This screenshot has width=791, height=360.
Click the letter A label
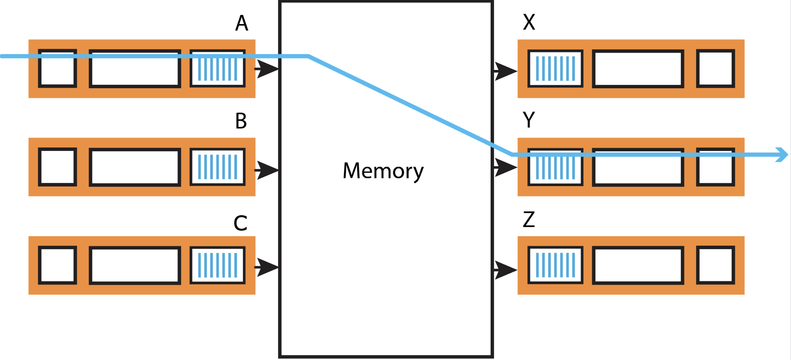click(x=242, y=23)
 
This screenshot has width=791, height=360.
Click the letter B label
click(x=241, y=121)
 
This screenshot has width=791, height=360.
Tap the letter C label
click(x=240, y=223)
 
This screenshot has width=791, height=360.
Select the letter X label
click(x=529, y=22)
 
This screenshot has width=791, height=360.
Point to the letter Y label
click(x=529, y=120)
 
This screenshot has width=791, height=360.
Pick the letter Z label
click(x=529, y=219)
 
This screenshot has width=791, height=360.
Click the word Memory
click(x=383, y=171)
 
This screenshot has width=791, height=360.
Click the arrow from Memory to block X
click(x=505, y=71)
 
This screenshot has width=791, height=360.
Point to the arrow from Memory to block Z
click(x=505, y=270)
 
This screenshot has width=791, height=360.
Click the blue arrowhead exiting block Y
click(x=782, y=155)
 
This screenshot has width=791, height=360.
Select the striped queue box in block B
click(x=217, y=167)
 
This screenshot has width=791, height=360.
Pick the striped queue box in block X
click(x=555, y=69)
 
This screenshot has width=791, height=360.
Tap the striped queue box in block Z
click(x=555, y=265)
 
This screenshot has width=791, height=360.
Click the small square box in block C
click(x=57, y=265)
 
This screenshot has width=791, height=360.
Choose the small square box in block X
click(x=715, y=69)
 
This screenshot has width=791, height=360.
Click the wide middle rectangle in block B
click(x=135, y=167)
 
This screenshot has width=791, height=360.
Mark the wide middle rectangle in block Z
click(x=638, y=265)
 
